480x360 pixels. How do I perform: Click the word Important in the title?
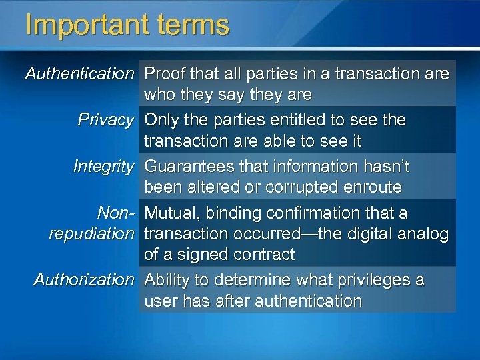(x=83, y=25)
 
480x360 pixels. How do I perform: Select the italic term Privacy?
(x=105, y=120)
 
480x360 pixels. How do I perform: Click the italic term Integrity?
(x=103, y=166)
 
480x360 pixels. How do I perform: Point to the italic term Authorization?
(x=84, y=279)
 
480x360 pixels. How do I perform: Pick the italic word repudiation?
(x=91, y=234)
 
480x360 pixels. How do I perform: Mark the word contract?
(x=262, y=255)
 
